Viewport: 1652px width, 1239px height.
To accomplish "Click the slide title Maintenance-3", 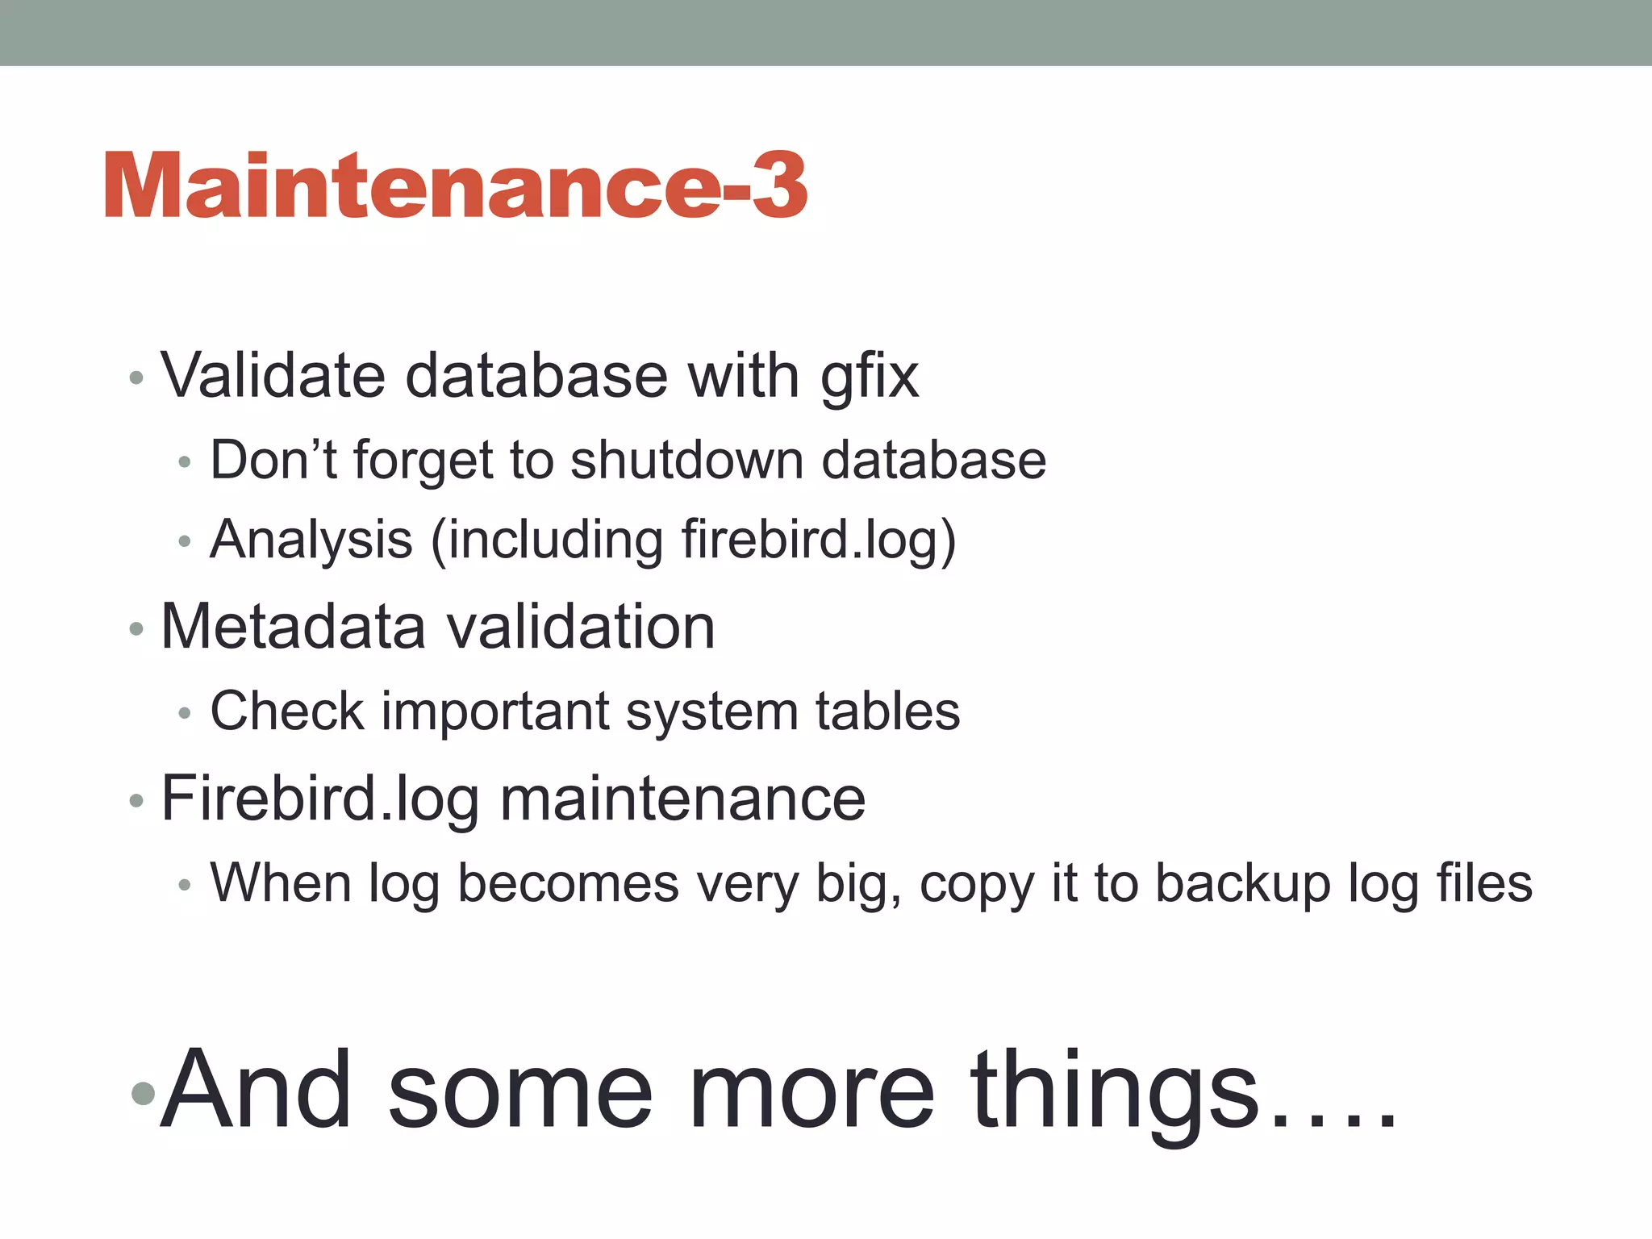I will [x=456, y=186].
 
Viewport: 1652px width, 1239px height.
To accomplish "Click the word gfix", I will [x=870, y=378].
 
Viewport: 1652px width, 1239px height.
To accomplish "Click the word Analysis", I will [x=311, y=540].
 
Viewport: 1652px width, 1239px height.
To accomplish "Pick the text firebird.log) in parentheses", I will [x=819, y=540].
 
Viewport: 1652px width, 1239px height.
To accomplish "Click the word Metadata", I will [x=293, y=627].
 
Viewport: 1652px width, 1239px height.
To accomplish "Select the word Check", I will [x=287, y=711].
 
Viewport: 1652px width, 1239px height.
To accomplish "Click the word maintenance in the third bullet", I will [x=682, y=799].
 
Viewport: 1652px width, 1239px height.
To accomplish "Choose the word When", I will [x=281, y=883].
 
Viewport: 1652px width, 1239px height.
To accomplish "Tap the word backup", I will [x=1242, y=885].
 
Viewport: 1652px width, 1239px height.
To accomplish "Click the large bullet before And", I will [x=143, y=1093].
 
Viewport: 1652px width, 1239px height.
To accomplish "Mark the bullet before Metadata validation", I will [x=136, y=628].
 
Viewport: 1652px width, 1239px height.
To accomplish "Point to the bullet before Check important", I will [x=185, y=713].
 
